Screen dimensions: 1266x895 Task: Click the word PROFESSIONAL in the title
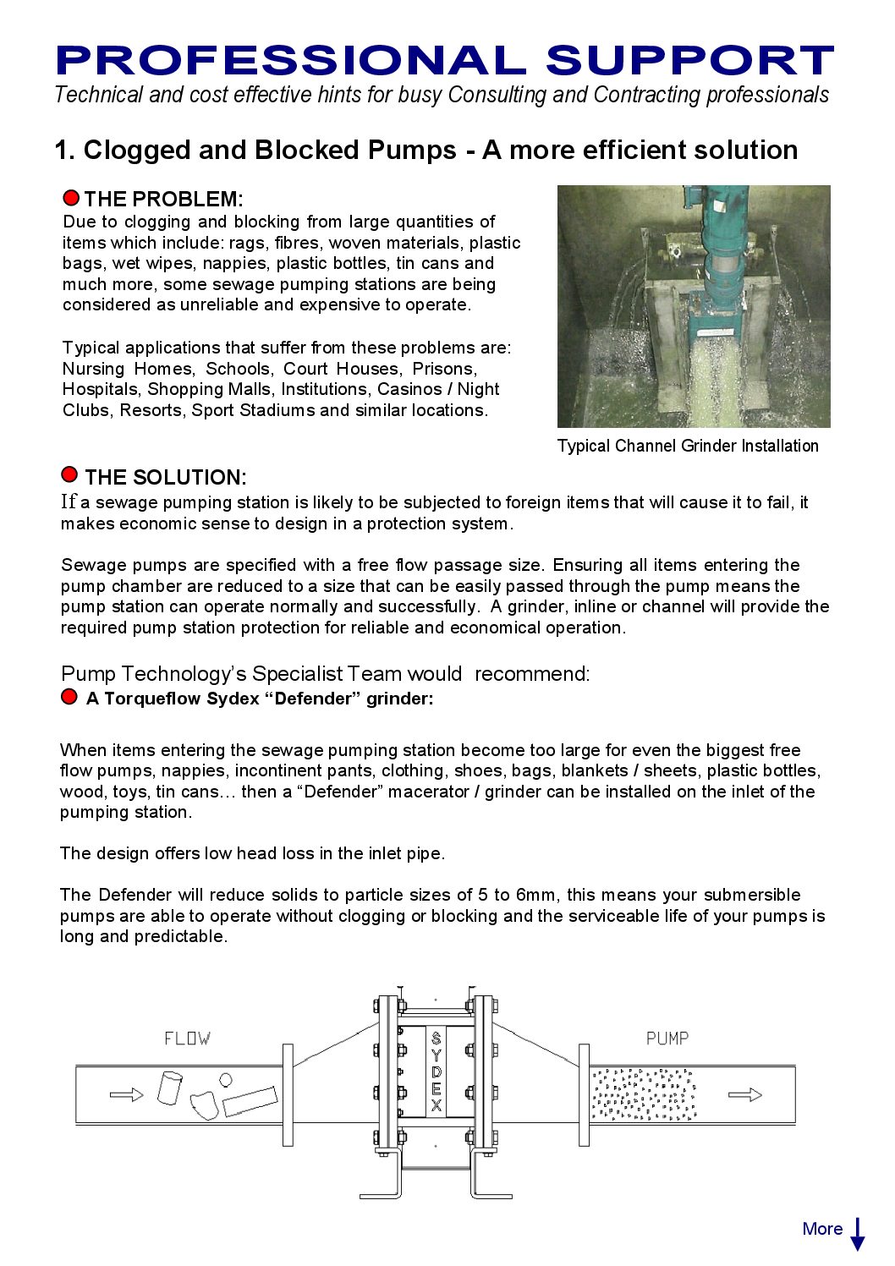click(290, 61)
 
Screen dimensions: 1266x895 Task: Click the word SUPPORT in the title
click(689, 61)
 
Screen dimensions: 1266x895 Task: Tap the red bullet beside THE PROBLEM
click(71, 198)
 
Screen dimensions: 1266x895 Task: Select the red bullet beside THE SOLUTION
click(70, 474)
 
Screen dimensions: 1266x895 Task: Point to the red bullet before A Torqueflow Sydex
click(69, 697)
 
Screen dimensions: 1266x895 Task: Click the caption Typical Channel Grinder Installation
click(688, 446)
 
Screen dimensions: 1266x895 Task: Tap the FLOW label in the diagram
click(187, 1039)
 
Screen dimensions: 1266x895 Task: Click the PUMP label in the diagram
click(667, 1039)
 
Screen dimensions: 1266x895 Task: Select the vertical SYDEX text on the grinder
click(437, 1071)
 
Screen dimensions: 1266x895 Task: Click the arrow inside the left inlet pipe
click(127, 1094)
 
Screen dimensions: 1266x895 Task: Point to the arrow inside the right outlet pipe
click(744, 1095)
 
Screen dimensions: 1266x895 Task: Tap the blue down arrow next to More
click(858, 1234)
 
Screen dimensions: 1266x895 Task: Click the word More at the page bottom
click(822, 1229)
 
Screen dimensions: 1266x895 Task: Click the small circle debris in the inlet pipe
click(226, 1079)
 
